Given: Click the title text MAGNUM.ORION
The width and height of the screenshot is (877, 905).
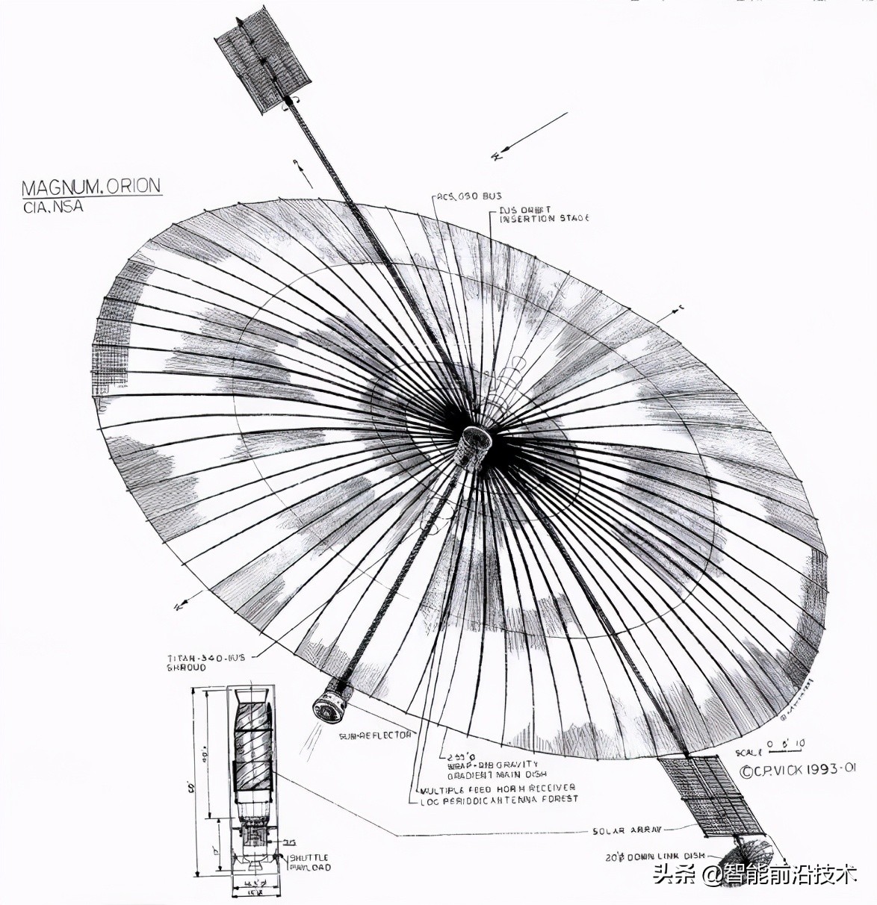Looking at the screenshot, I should (91, 187).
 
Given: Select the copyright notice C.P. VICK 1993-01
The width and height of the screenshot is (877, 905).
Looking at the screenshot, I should (797, 770).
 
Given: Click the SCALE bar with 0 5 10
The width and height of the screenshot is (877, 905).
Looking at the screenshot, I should (770, 748).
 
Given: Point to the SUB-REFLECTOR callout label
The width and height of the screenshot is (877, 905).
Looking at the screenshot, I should (375, 735).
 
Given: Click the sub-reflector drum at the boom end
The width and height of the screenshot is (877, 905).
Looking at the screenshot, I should (331, 703).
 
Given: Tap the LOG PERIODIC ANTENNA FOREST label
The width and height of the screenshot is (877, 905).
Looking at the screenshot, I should (499, 799).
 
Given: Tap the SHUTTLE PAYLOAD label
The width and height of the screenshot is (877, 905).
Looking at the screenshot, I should (309, 862).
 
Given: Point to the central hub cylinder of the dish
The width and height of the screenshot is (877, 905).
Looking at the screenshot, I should (472, 448).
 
